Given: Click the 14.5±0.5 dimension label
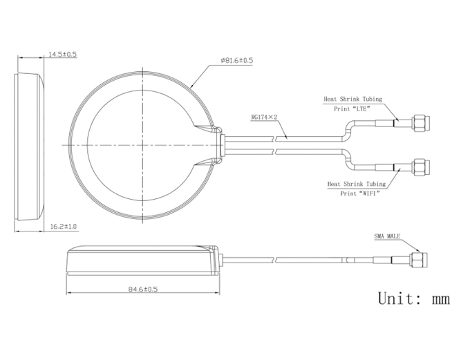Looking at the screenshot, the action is (x=63, y=55).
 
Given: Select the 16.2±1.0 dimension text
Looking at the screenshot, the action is (x=64, y=227).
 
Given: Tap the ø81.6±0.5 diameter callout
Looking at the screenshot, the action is (x=237, y=60).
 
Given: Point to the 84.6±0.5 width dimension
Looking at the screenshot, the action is (x=143, y=290).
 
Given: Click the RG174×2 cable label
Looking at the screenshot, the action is (x=264, y=117).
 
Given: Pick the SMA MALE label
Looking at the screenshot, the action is (x=387, y=236).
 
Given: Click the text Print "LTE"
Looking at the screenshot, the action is (x=352, y=108).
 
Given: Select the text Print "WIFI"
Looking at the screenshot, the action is (x=360, y=193).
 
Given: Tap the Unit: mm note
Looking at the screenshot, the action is (x=414, y=299).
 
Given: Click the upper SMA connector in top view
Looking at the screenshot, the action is (x=421, y=123).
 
